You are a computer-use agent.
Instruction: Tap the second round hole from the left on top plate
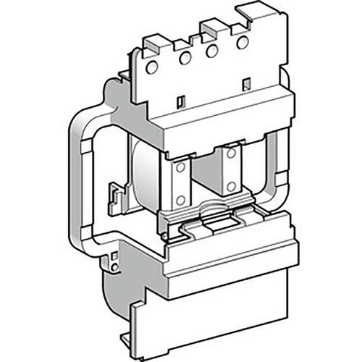point(185,58)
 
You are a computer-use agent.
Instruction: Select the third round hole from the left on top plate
point(211,51)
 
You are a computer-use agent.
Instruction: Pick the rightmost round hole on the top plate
point(243,42)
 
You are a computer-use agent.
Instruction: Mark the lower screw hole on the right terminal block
point(230,185)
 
